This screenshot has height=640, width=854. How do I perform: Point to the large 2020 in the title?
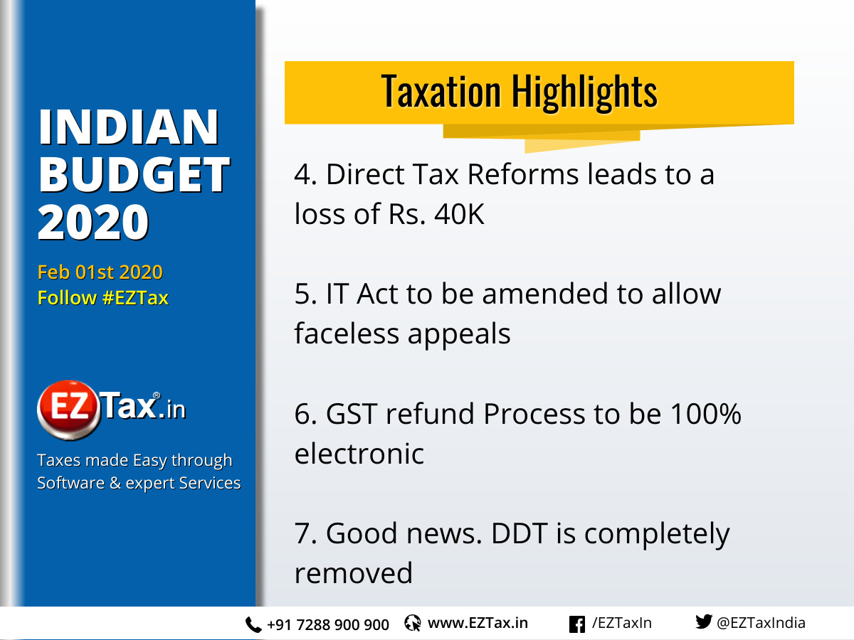(93, 221)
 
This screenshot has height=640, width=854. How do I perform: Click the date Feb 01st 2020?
(100, 272)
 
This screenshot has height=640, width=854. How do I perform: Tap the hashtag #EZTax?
(135, 298)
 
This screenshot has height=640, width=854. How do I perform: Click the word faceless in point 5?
(346, 334)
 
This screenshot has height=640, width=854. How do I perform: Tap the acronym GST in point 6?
(349, 414)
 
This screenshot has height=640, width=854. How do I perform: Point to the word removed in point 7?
(353, 573)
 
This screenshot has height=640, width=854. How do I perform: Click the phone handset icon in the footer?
(253, 625)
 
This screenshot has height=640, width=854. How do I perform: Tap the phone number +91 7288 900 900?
(328, 625)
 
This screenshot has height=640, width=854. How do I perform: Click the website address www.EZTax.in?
(478, 624)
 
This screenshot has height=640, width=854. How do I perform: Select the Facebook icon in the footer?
(577, 624)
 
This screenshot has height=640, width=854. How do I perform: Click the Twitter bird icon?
(703, 623)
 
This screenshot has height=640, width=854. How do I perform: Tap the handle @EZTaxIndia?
(761, 624)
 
